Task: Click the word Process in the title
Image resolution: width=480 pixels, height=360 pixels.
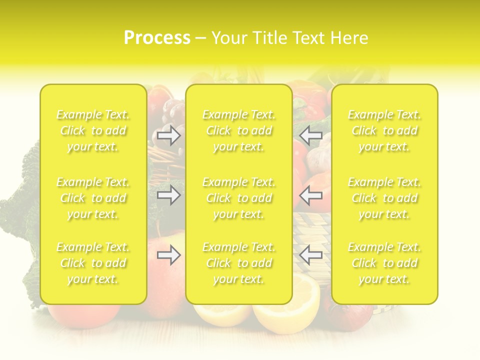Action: coord(157,38)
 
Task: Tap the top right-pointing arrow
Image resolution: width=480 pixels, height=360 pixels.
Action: coord(169,135)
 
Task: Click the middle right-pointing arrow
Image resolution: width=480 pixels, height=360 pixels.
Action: coord(169,195)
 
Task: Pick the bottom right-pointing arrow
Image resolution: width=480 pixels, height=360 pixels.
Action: coord(169,255)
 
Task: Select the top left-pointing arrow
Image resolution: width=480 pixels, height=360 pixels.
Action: coord(311,135)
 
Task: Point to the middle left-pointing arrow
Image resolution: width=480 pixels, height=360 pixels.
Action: coord(311,195)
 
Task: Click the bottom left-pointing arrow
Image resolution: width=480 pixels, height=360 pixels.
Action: coord(311,255)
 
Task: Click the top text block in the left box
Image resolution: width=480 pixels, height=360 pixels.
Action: coord(93,130)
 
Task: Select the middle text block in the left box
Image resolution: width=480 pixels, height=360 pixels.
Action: coord(93,198)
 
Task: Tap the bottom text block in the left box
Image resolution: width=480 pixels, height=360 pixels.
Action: coord(93,263)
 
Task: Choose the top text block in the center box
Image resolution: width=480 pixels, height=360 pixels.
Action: coord(239,130)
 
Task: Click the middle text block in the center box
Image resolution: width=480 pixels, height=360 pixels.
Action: coord(239,198)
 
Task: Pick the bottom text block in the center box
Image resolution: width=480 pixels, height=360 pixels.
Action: coord(239,263)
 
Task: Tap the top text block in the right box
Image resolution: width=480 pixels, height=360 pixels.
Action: coord(384,130)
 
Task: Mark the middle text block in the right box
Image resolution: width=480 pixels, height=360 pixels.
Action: coord(384,198)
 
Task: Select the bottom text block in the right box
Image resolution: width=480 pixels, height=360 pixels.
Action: coord(384,263)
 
